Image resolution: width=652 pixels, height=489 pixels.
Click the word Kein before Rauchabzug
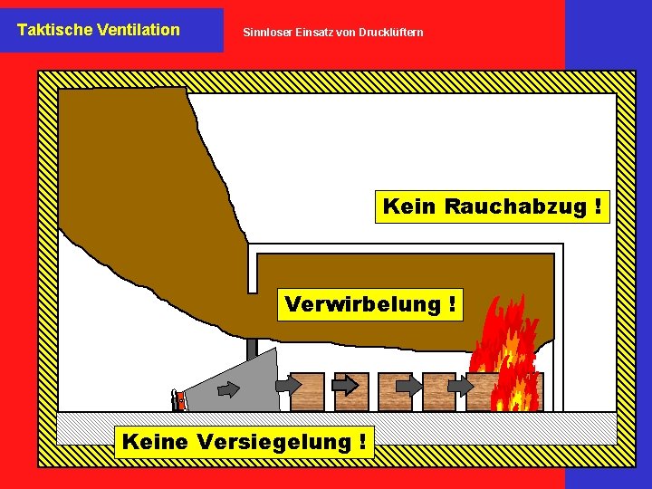point(409,206)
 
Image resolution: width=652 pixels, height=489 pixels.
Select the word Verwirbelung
point(361,304)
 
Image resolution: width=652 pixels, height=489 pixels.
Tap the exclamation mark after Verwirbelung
point(451,304)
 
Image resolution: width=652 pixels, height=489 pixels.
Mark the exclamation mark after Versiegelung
point(362,442)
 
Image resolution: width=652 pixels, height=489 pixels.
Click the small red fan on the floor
point(179,399)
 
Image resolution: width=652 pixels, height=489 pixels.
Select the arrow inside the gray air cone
point(228,389)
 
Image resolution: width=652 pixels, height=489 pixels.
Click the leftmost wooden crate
point(308,392)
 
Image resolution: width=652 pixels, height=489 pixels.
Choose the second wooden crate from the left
point(351,392)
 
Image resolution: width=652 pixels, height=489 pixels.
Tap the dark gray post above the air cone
point(252,348)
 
